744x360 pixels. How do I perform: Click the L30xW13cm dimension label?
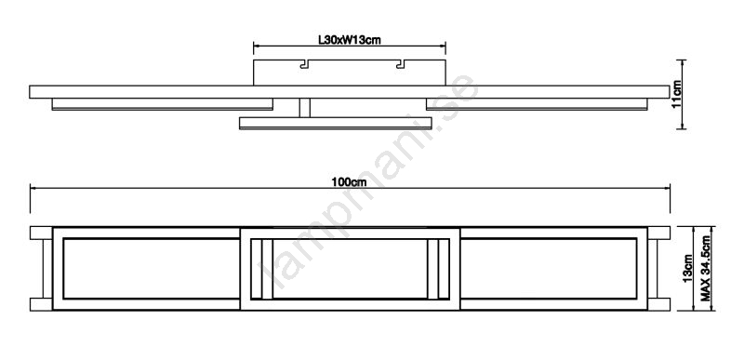[350, 40]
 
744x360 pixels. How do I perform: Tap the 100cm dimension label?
[350, 181]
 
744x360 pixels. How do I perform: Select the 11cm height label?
[677, 94]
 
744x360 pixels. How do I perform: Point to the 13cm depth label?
[688, 269]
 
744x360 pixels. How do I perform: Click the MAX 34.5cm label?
[706, 268]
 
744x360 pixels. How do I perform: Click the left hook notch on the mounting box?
[305, 63]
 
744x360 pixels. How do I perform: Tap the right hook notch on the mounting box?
[402, 63]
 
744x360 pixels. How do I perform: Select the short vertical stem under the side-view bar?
[305, 108]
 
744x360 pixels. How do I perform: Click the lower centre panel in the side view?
[336, 123]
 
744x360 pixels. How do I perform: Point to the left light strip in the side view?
[162, 104]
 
